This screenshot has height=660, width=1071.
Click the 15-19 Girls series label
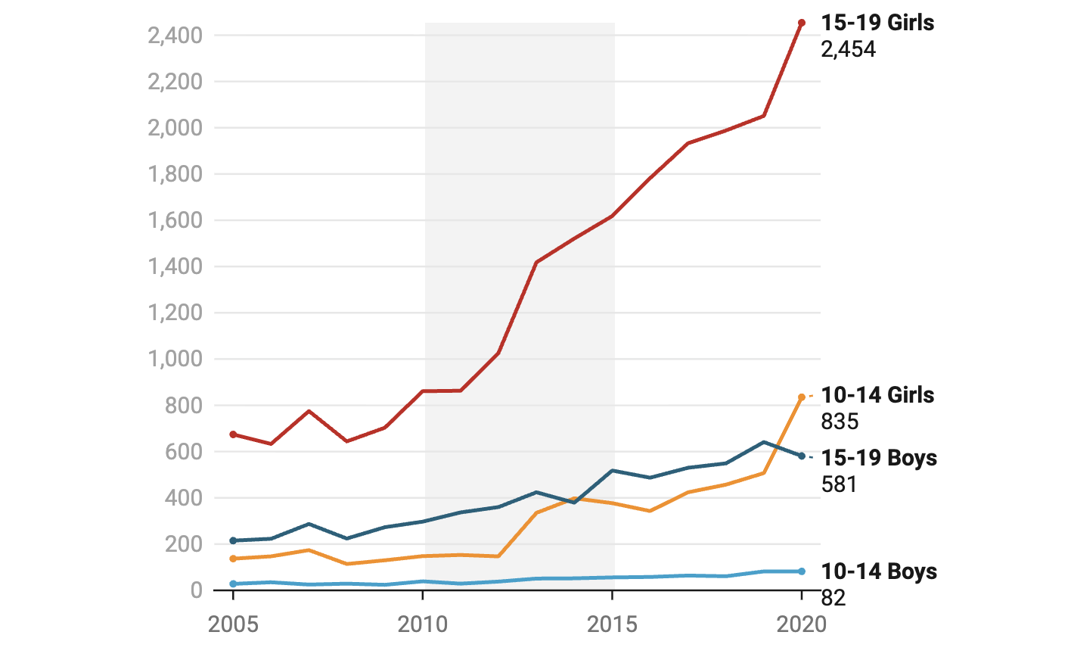(877, 23)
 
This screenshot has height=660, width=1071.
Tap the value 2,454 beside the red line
(848, 49)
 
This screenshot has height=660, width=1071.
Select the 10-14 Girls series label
(877, 395)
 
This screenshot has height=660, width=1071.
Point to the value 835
(840, 422)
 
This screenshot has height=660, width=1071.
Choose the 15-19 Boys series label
(879, 458)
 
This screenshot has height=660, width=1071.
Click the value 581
(839, 484)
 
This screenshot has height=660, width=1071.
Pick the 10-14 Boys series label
(879, 571)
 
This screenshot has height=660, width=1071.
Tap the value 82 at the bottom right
(834, 598)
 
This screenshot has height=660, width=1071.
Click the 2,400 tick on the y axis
(175, 36)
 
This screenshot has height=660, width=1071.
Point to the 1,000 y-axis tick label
(175, 359)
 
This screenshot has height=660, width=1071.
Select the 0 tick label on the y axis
(197, 590)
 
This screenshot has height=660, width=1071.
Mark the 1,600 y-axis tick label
(175, 220)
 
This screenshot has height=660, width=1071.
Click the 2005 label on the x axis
(233, 624)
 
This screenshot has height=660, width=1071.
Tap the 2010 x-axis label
(423, 624)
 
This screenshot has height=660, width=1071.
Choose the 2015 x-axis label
(612, 624)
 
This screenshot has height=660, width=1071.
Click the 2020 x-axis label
(802, 624)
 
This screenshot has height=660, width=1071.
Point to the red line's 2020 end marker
(802, 23)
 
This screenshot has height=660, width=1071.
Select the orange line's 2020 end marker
(802, 397)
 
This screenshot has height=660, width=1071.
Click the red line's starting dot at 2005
(233, 434)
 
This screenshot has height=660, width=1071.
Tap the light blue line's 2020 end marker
(802, 571)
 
